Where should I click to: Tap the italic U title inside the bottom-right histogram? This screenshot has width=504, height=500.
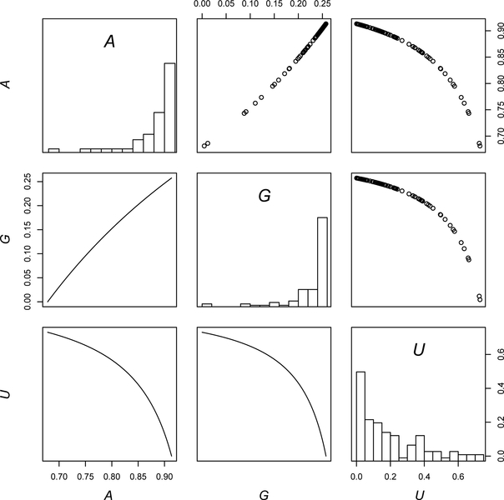(x=421, y=351)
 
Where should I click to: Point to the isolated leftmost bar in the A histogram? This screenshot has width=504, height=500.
(x=53, y=151)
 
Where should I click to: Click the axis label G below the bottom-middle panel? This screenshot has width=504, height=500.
(x=265, y=493)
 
